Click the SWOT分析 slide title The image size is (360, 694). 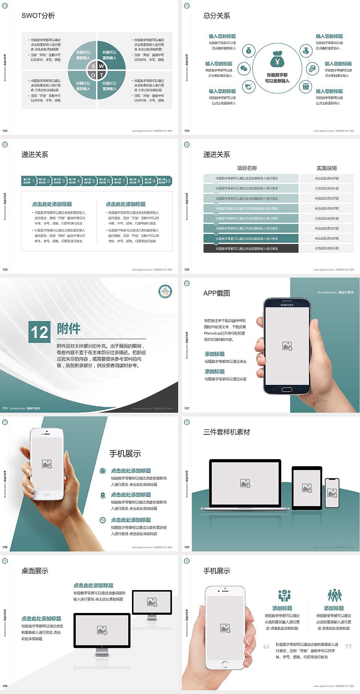pyautogui.click(x=38, y=16)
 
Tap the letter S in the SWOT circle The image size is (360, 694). pyautogui.click(x=93, y=66)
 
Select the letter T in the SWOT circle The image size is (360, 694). pyautogui.click(x=101, y=75)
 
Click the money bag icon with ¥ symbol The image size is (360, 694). pyautogui.click(x=277, y=60)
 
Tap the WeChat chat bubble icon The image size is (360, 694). pyautogui.click(x=244, y=69)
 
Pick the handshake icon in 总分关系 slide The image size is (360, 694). pyautogui.click(x=248, y=87)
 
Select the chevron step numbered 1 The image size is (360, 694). pyautogui.click(x=29, y=181)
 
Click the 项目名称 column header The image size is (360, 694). pyautogui.click(x=247, y=168)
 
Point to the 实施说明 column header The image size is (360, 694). pyautogui.click(x=327, y=168)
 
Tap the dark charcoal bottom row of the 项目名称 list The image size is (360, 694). pyautogui.click(x=251, y=248)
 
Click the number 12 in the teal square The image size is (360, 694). pyautogui.click(x=39, y=332)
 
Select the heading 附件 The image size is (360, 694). pyautogui.click(x=69, y=329)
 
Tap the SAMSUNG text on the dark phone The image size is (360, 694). pyautogui.click(x=287, y=305)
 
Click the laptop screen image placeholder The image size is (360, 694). pyautogui.click(x=245, y=483)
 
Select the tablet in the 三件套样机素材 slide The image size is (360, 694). pyautogui.click(x=307, y=488)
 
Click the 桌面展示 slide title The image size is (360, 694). pyautogui.click(x=35, y=571)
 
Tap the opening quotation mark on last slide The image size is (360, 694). pyautogui.click(x=266, y=647)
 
